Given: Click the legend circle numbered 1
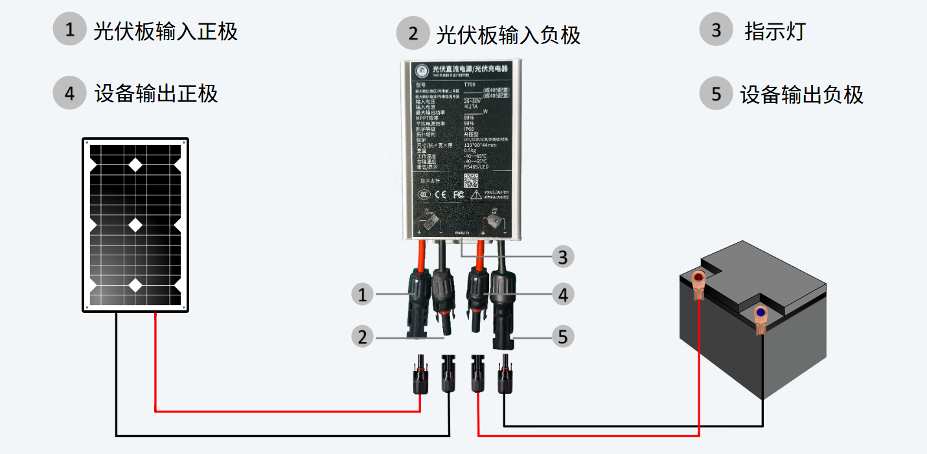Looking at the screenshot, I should (x=69, y=30).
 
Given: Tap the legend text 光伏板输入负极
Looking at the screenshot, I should (x=508, y=34).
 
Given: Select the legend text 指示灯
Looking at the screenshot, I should (x=775, y=30).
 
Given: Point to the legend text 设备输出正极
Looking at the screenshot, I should (x=156, y=93).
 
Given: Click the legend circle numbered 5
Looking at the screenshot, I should (x=716, y=94).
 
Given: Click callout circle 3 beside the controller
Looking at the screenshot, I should (x=562, y=257).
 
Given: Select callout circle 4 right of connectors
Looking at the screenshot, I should (x=562, y=295).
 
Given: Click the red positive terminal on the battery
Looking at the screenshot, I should (x=699, y=280).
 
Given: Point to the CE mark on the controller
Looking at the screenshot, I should (x=439, y=194).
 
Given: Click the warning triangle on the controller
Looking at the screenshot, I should (x=475, y=194).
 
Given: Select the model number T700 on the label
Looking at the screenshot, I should (x=470, y=84).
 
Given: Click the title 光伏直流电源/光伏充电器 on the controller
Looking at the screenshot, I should (x=469, y=69).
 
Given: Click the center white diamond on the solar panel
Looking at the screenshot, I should (x=135, y=225).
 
